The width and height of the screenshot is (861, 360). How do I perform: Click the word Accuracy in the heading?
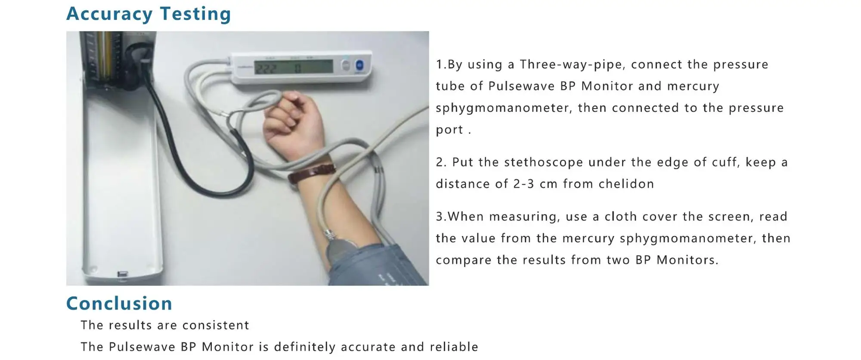click(x=109, y=14)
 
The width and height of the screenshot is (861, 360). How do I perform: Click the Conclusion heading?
click(x=119, y=304)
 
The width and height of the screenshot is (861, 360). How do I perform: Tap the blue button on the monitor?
click(x=359, y=65)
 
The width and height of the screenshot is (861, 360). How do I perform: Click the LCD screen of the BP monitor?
click(x=294, y=67)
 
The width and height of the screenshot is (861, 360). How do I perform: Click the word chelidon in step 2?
click(x=626, y=184)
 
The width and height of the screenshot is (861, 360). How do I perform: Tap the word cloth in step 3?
click(x=621, y=216)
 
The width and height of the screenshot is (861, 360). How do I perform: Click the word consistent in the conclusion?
click(x=216, y=325)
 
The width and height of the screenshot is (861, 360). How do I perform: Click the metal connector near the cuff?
click(x=329, y=235)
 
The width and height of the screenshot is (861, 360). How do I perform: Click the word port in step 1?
click(x=449, y=130)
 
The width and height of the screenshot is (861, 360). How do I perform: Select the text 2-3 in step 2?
click(x=524, y=184)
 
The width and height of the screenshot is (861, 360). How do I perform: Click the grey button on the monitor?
click(x=345, y=65)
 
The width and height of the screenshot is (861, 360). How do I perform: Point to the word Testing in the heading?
click(x=195, y=14)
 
